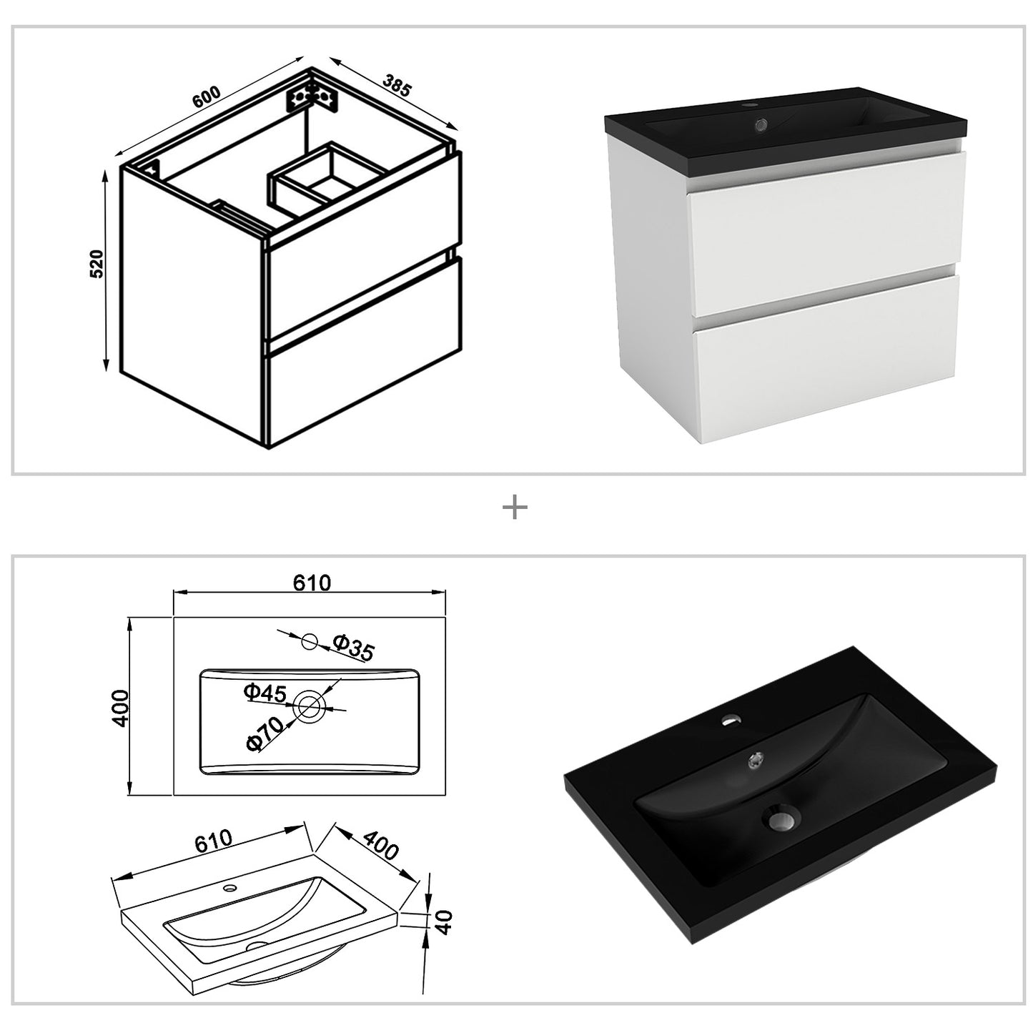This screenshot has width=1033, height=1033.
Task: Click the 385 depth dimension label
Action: click(397, 85)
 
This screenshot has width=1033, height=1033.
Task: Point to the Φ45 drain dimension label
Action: click(265, 692)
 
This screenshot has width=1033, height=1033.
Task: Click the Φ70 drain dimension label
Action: click(263, 733)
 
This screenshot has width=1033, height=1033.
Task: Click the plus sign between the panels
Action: click(515, 508)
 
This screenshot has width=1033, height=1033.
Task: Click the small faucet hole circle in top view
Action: click(310, 641)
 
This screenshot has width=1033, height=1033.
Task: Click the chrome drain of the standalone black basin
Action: click(784, 818)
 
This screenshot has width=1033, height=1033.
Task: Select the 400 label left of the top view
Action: click(120, 708)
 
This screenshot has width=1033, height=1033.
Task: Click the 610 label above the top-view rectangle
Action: click(312, 583)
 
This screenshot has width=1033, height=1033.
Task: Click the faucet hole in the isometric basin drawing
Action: click(230, 889)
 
